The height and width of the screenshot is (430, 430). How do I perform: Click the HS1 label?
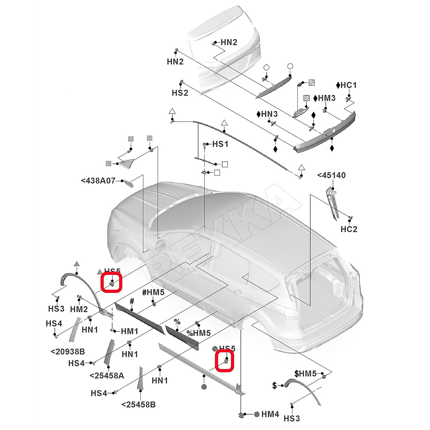click(x=220, y=144)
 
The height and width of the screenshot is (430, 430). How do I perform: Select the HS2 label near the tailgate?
click(x=180, y=93)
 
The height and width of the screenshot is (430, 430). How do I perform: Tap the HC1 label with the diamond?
click(x=347, y=85)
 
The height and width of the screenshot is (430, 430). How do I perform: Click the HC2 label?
click(x=349, y=229)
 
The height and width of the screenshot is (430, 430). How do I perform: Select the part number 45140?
click(x=331, y=175)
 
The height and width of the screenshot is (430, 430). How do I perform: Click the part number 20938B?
click(x=68, y=352)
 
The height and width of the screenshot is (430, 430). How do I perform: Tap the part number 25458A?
click(x=107, y=376)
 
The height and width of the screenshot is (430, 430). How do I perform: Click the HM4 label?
click(x=270, y=414)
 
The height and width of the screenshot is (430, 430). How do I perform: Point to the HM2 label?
click(x=79, y=309)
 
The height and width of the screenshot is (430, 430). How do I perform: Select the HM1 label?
click(x=129, y=331)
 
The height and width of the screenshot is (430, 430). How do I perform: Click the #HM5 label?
click(x=153, y=292)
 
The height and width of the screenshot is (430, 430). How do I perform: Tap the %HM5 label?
click(x=199, y=333)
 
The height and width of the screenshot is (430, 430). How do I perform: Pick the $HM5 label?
click(x=305, y=374)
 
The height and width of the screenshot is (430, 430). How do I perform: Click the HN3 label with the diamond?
click(x=267, y=114)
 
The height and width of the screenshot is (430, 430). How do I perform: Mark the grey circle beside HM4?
click(x=257, y=414)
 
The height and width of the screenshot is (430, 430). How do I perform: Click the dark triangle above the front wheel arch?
click(x=76, y=264)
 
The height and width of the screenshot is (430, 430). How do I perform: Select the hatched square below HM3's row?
click(x=306, y=98)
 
